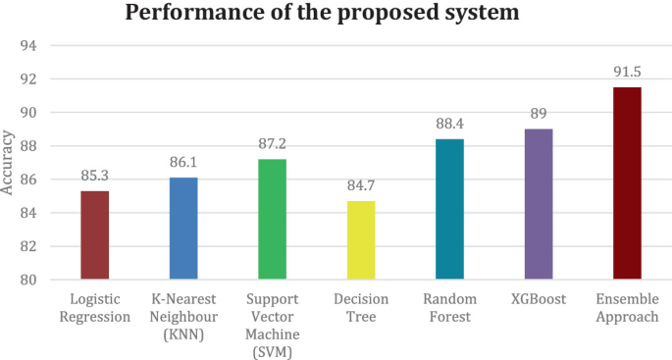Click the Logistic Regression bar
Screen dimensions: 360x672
(94, 235)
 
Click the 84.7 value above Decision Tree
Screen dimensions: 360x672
(360, 188)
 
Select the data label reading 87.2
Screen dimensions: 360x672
(272, 146)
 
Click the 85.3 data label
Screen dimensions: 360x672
(94, 178)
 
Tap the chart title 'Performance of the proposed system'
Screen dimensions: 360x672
(336, 15)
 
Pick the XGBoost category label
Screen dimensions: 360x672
(538, 299)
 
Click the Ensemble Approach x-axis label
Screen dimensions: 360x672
(626, 308)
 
